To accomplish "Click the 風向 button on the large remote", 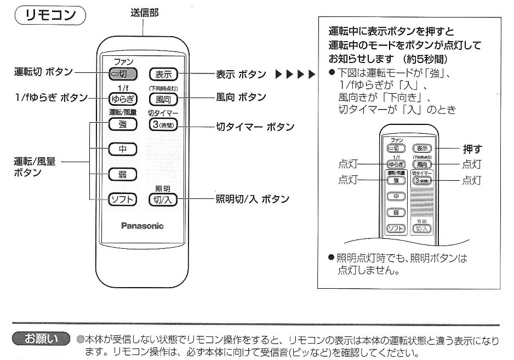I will tap(163, 99).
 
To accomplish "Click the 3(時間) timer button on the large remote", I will tap(163, 124).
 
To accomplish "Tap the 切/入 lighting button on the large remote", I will tap(163, 199).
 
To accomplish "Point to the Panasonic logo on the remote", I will tap(142, 226).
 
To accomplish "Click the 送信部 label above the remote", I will tap(145, 13).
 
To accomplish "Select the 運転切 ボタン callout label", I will tap(43, 72).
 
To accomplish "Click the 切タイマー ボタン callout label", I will tap(255, 127).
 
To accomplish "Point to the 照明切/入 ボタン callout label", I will tap(253, 199).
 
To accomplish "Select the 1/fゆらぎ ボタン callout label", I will tap(51, 98).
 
